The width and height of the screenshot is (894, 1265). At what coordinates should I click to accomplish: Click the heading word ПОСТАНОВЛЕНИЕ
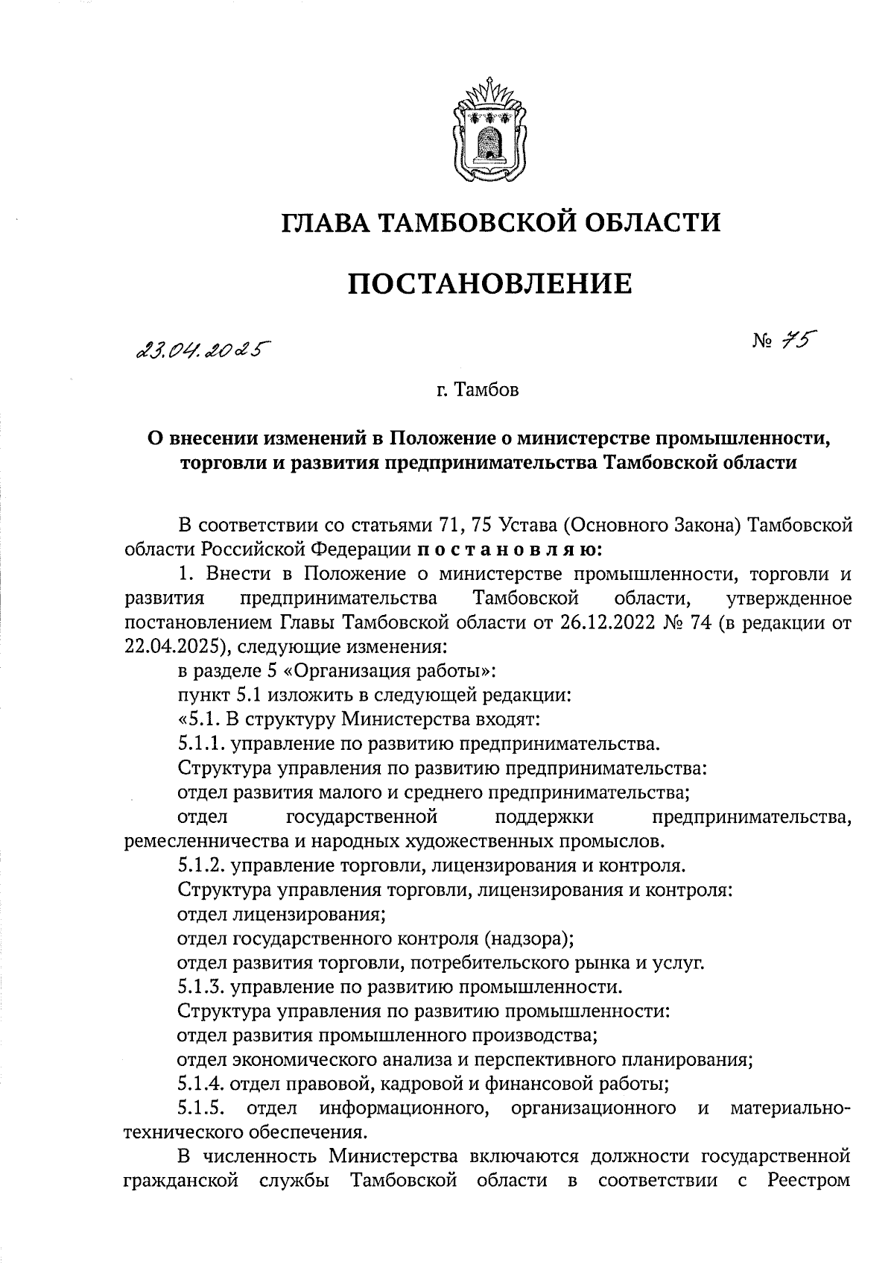[490, 284]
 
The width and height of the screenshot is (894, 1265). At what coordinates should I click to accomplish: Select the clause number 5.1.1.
[203, 743]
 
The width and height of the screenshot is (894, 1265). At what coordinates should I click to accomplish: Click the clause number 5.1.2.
[203, 866]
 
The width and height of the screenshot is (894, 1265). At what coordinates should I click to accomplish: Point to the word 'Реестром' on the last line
[811, 1182]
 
